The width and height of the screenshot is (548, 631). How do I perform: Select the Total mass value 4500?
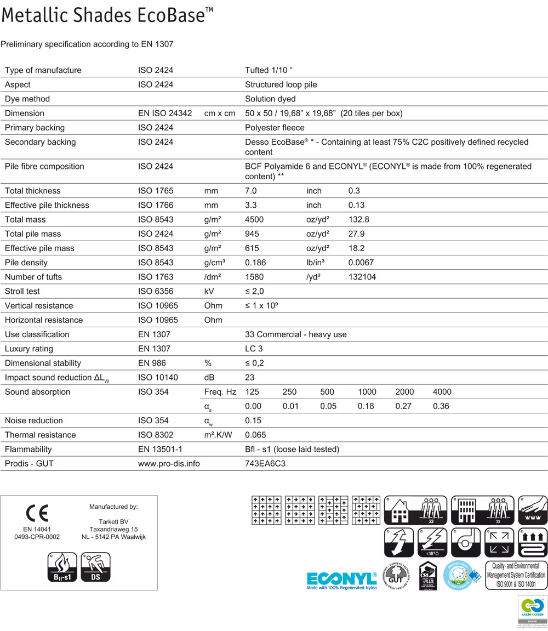254,219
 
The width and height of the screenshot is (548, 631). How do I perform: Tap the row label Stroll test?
22,291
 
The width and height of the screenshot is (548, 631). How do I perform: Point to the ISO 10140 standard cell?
158,377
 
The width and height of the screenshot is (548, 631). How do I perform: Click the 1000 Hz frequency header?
367,392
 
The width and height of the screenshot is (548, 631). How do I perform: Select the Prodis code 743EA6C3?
266,463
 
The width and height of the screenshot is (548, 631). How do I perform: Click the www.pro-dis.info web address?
169,463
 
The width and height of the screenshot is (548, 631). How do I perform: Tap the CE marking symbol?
37,513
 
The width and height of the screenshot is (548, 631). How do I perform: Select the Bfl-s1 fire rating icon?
61,567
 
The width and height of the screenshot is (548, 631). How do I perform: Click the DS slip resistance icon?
95,567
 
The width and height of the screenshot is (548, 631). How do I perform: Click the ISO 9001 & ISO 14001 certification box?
516,575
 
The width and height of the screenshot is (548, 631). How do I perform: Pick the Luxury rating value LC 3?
255,349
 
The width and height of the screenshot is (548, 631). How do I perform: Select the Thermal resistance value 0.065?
256,435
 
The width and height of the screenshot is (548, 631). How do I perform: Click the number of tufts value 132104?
362,277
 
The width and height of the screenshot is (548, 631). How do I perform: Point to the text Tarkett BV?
113,521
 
